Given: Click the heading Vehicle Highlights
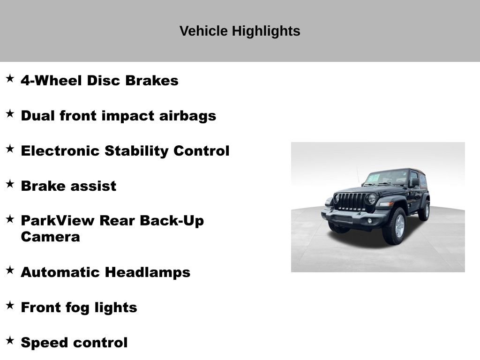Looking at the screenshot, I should pos(240,31).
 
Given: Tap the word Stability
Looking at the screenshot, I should pos(136,151).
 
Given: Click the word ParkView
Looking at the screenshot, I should pos(55,221).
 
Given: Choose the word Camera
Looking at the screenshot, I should pos(50,237).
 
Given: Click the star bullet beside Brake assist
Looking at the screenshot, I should pos(10,184).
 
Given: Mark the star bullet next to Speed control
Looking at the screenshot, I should pos(10,341).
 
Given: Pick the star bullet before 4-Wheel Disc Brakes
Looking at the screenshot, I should pos(10,79).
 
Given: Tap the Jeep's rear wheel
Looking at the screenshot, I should pos(425,210).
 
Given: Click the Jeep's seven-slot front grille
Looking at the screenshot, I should pos(352,202).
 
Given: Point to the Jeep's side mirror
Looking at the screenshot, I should pos(415,182).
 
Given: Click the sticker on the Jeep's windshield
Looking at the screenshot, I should pos(373,178).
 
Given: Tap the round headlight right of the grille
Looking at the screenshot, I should pos(372,199).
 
